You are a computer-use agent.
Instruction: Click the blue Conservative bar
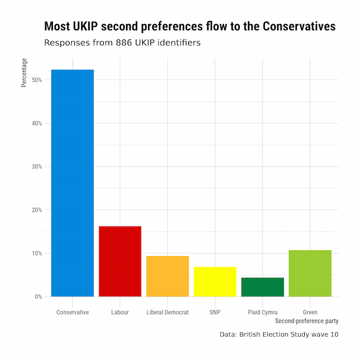[x=72, y=183]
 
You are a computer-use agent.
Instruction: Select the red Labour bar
[x=120, y=261]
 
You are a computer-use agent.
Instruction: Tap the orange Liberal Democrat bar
[x=167, y=276]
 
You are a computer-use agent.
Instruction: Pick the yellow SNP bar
[x=215, y=282]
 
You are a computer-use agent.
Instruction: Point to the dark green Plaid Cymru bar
[x=262, y=287]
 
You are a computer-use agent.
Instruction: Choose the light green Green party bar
[x=310, y=273]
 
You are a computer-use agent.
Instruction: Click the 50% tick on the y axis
[x=37, y=80]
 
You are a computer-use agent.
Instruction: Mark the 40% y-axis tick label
[x=37, y=124]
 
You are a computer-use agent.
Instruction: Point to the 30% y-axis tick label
[x=37, y=167]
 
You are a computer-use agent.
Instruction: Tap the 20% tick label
[x=37, y=210]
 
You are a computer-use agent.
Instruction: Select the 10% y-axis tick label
[x=37, y=253]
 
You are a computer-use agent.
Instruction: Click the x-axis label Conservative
[x=73, y=312]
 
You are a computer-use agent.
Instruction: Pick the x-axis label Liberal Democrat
[x=168, y=312]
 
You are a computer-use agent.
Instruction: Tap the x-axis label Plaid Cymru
[x=262, y=312]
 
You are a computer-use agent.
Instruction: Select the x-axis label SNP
[x=215, y=312]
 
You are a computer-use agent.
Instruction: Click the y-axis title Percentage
[x=24, y=73]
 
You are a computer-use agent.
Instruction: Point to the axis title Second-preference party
[x=307, y=321]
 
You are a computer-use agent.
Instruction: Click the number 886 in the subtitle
[x=123, y=43]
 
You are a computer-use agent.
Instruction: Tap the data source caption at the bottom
[x=279, y=334]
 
